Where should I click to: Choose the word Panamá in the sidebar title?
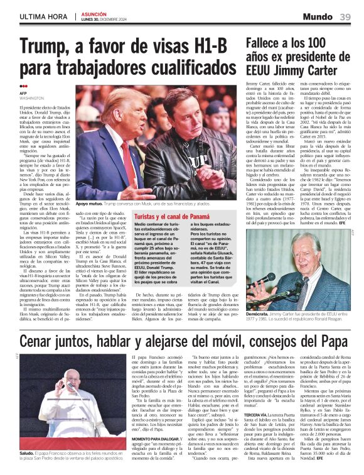click(196, 216)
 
